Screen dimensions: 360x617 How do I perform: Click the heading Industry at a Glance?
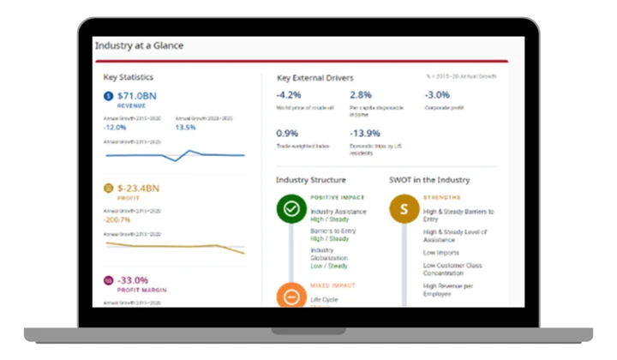pos(139,45)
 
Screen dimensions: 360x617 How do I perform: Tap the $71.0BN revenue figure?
pos(137,95)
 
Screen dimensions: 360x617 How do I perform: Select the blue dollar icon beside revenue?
pos(108,96)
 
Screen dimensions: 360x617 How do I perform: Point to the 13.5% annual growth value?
pos(186,128)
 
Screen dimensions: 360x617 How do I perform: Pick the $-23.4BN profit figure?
pos(139,188)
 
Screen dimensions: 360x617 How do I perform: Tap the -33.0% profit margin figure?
pos(133,279)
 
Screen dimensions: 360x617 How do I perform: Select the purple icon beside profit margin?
pos(108,280)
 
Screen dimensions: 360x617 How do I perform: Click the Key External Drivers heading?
pos(314,78)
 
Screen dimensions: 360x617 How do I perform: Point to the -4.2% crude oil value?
pos(289,95)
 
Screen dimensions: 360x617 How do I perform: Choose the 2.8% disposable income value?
pos(361,95)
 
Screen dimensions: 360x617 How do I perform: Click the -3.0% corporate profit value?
pos(437,95)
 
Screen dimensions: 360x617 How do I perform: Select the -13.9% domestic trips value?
pos(365,134)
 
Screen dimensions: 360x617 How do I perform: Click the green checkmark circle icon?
pos(291,208)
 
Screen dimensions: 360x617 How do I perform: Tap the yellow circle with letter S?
pos(404,208)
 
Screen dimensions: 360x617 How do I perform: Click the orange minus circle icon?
pos(291,297)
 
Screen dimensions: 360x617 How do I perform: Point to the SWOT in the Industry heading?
pos(429,180)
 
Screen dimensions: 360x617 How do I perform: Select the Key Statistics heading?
pos(129,77)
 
